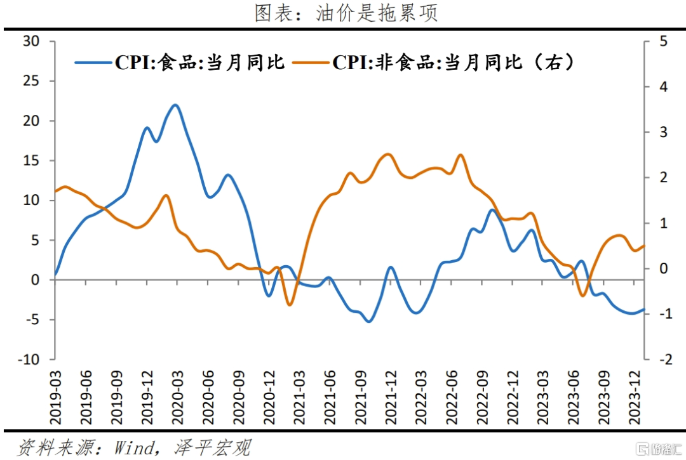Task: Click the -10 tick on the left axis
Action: tap(28, 359)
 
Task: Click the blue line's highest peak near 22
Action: tap(175, 105)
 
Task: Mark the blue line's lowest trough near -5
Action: tap(368, 321)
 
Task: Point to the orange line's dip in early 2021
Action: tap(290, 305)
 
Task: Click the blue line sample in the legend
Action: tap(93, 62)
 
